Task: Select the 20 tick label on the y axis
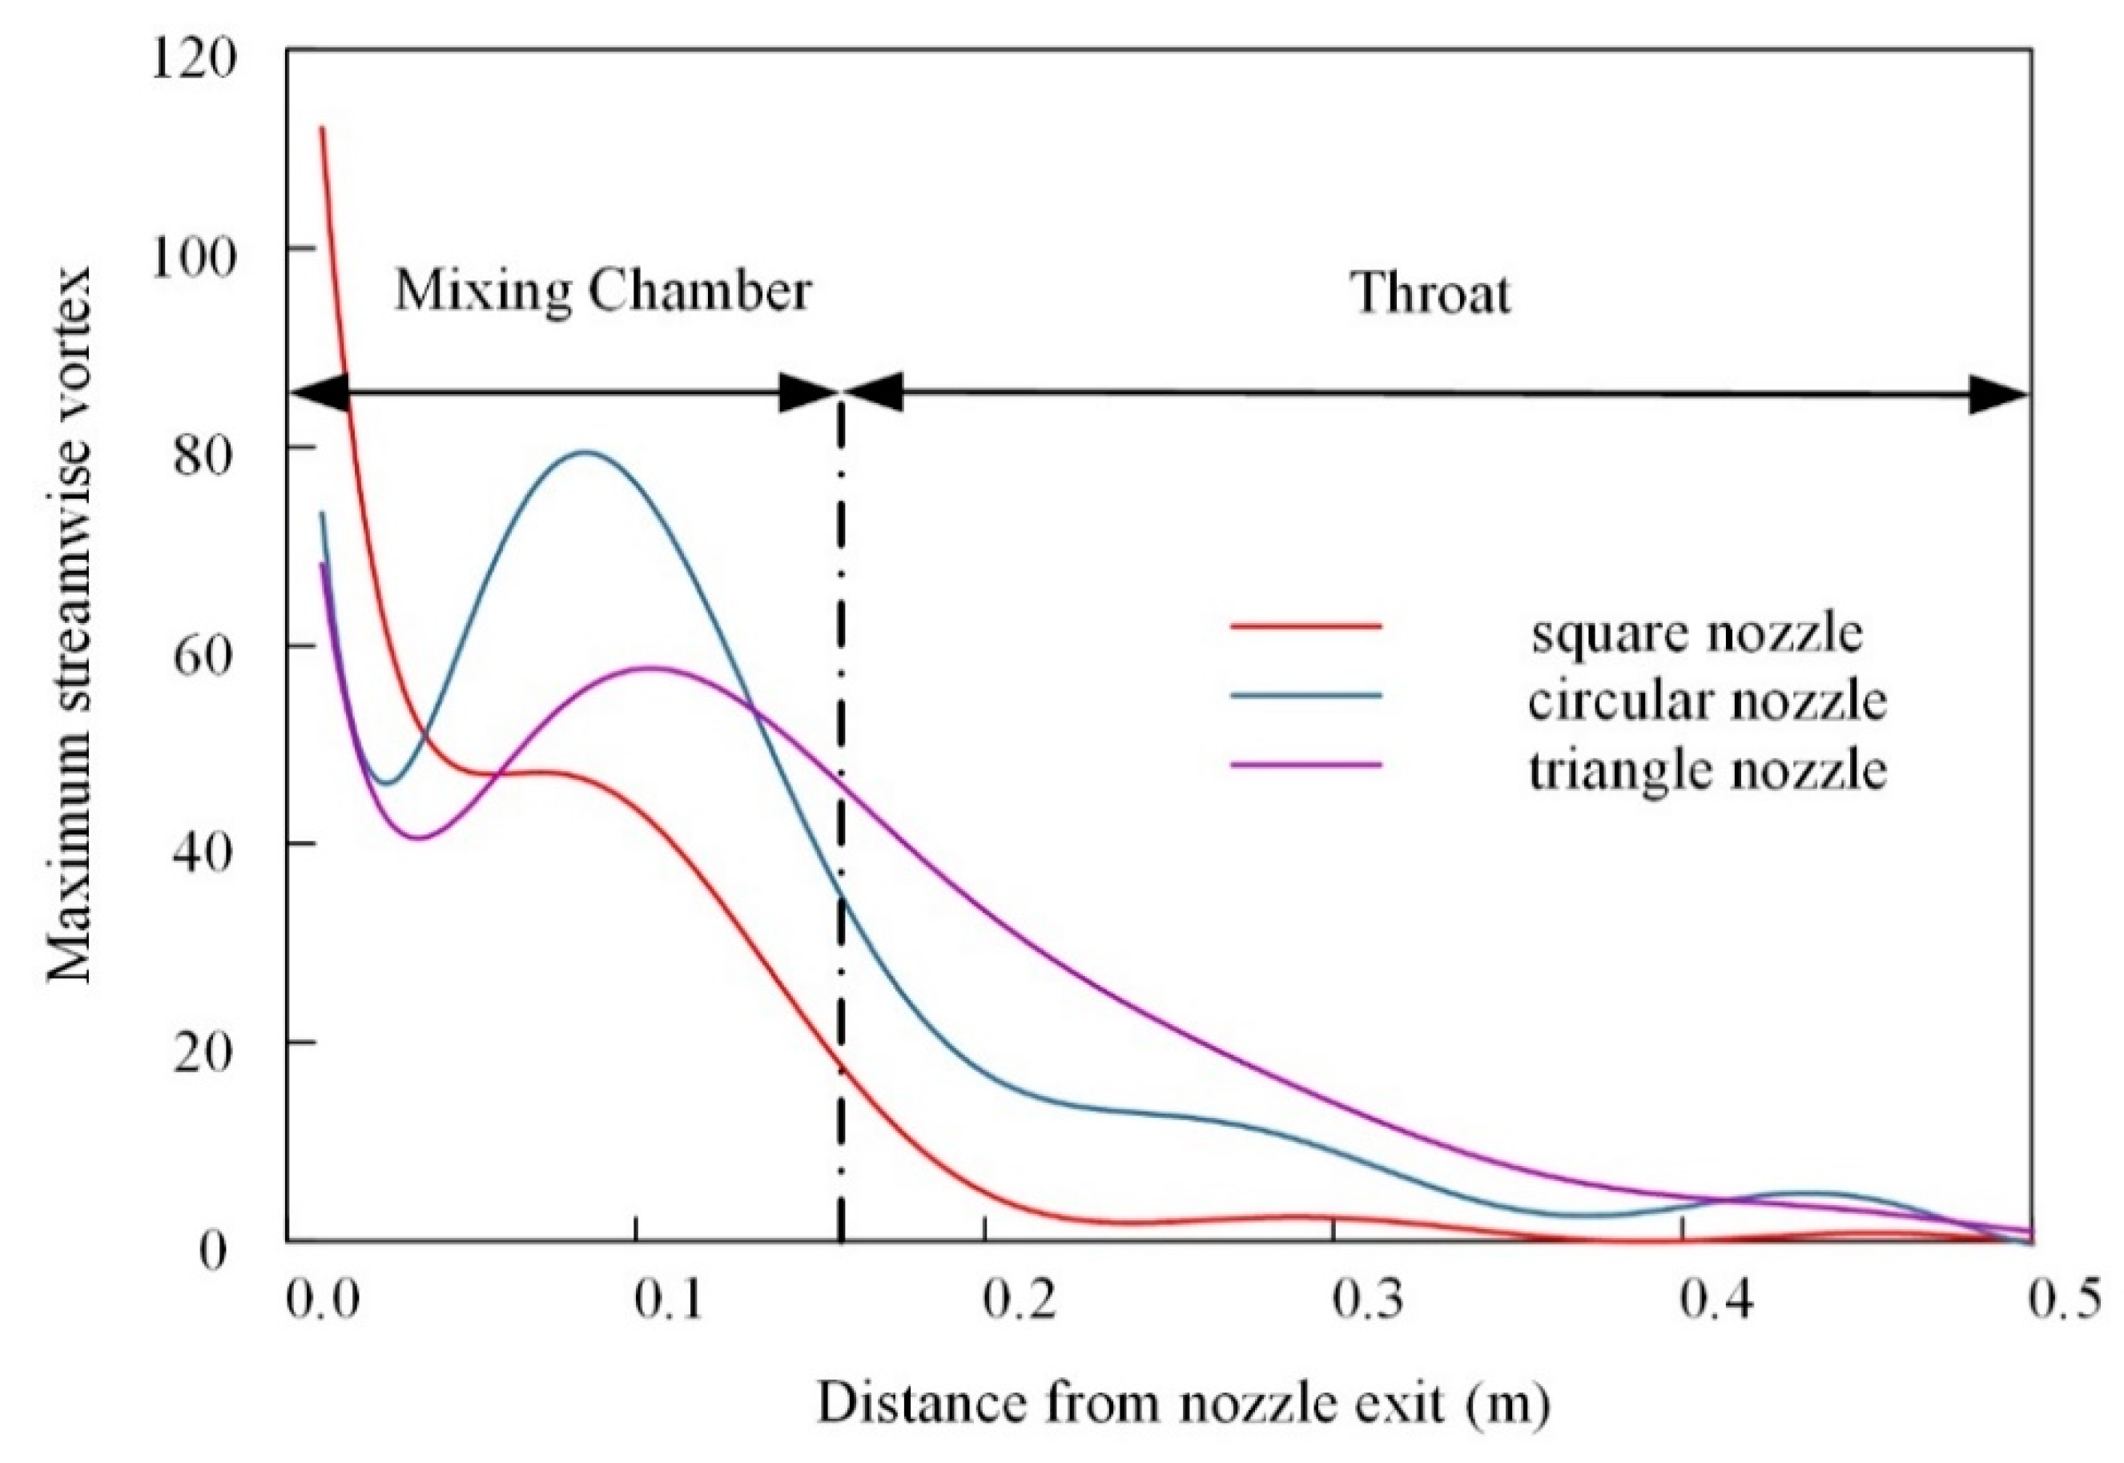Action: coord(204,1054)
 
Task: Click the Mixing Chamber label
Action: coord(602,291)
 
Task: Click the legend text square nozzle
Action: coord(1696,633)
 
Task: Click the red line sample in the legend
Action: coord(1305,626)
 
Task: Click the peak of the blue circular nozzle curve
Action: coord(587,451)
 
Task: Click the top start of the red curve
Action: coord(322,128)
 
